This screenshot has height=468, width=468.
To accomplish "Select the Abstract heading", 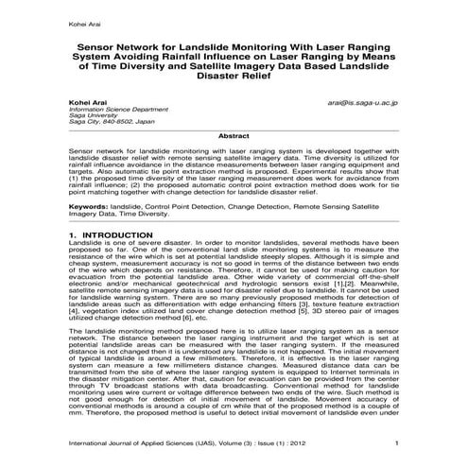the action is [234, 136].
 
